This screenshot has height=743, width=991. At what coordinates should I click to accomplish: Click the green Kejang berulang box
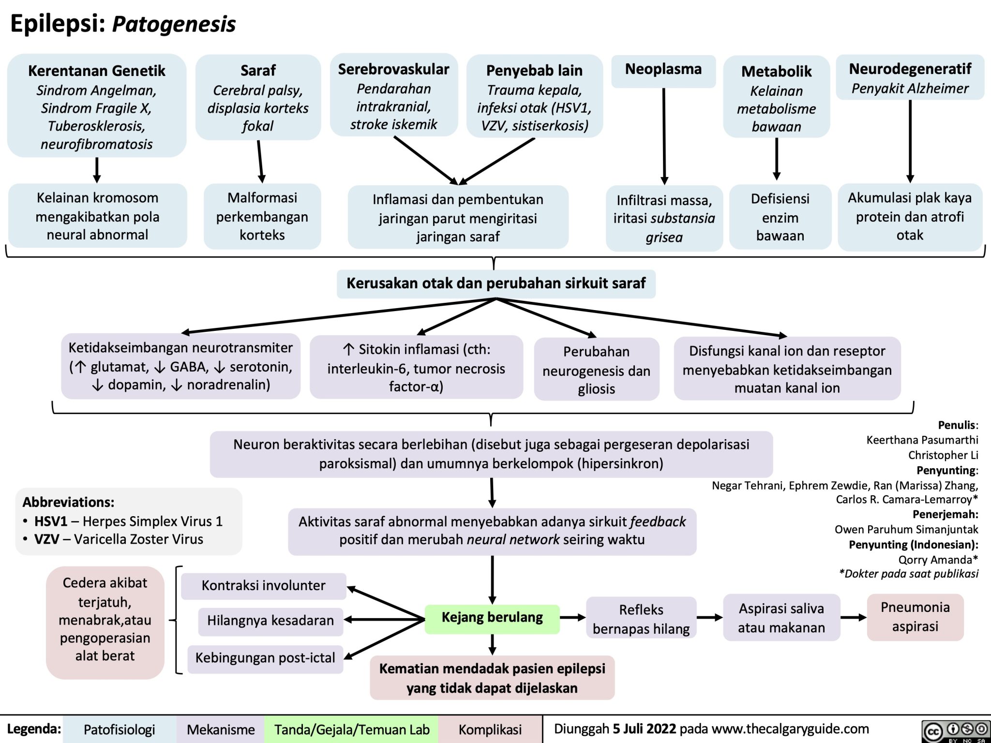(492, 618)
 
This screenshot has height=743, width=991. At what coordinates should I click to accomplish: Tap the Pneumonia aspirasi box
(915, 617)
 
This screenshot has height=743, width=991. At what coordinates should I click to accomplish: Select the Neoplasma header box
(663, 70)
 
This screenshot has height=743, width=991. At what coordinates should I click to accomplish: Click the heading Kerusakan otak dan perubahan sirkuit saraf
(496, 283)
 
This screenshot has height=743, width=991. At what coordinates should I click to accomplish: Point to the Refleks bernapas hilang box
(641, 619)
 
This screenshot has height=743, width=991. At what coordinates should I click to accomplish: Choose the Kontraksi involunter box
(263, 586)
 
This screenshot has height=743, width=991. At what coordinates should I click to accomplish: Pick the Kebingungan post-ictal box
(265, 658)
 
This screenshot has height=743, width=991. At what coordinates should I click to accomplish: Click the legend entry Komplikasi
(490, 729)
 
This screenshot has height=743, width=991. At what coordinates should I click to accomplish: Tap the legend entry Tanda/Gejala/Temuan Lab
(352, 729)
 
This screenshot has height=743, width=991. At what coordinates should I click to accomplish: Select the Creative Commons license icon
(955, 730)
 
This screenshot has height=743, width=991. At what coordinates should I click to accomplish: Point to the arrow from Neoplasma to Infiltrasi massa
(664, 135)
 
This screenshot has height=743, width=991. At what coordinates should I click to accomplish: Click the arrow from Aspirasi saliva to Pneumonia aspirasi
(853, 618)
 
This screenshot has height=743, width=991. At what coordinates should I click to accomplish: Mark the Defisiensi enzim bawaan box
(780, 217)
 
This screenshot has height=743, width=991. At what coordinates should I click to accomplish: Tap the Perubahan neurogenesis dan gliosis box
(596, 370)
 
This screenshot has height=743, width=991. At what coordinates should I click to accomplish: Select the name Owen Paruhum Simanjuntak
(906, 530)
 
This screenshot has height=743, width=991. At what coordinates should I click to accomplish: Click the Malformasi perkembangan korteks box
(262, 216)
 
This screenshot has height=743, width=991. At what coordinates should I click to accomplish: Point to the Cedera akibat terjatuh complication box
(105, 619)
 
